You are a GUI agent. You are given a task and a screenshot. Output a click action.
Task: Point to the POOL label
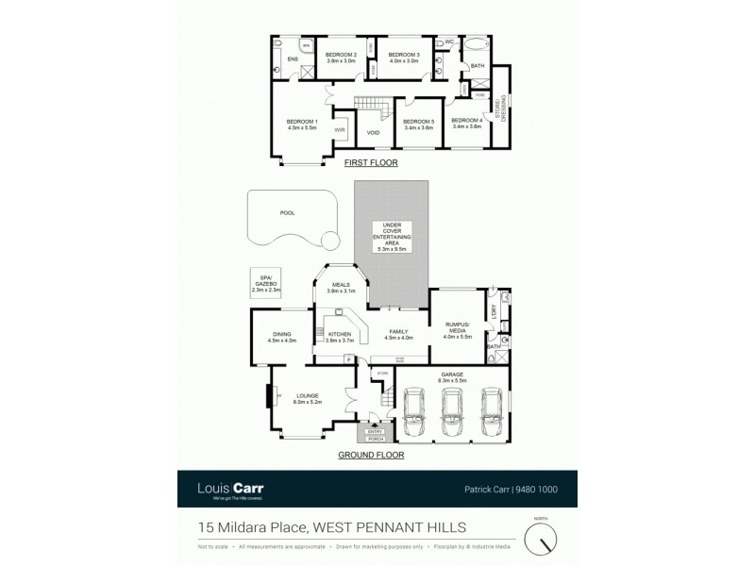pos(287,213)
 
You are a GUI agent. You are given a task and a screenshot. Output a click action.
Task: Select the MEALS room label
pos(338,287)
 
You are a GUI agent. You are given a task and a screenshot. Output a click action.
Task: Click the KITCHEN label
pos(338,335)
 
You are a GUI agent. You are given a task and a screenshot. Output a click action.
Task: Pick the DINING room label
pos(281,337)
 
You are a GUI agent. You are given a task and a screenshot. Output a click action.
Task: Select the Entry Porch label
pos(376,434)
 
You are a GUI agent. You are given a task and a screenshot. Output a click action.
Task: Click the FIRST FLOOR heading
pos(371,163)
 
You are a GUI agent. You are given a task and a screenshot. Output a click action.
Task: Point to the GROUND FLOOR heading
pos(371,455)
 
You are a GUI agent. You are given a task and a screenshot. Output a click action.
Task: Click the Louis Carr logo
pos(229,489)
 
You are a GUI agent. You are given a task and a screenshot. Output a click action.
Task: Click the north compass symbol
pos(541,538)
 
